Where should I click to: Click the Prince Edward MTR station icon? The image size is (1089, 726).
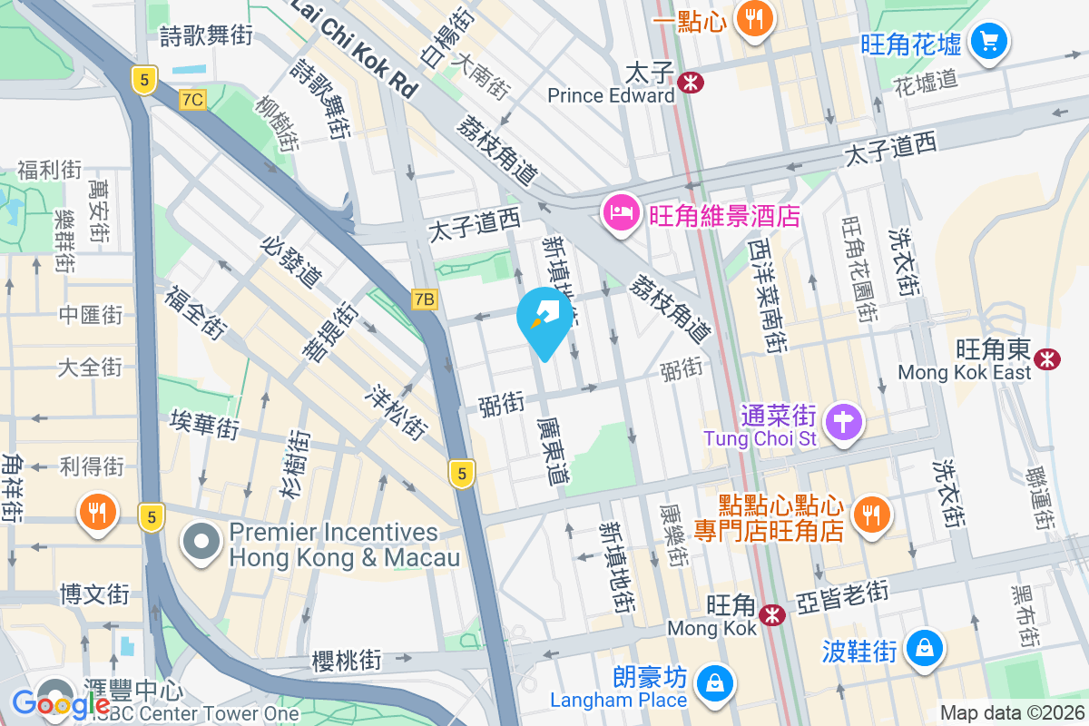pos(691,83)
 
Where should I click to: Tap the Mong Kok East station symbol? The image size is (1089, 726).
pos(1048,358)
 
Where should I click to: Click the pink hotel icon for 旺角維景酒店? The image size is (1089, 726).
pos(621,213)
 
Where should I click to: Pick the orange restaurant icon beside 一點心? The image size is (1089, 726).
pos(753,17)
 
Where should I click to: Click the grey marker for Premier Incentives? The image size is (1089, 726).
pos(201,543)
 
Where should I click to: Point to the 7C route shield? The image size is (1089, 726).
pos(192,99)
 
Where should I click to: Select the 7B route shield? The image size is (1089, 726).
pos(424,299)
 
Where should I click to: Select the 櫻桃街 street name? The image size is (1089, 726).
pos(346,660)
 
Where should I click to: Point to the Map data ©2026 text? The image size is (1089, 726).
pos(1012,713)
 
